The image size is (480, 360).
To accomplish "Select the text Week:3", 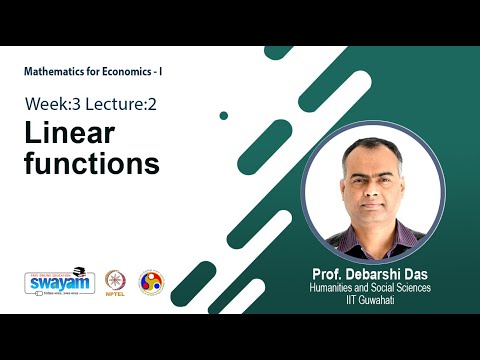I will [x=56, y=103].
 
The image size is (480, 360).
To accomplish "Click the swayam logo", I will [x=59, y=284].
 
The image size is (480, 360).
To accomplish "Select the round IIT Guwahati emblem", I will [x=151, y=282].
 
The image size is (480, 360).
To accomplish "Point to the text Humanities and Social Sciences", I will [x=369, y=288].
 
